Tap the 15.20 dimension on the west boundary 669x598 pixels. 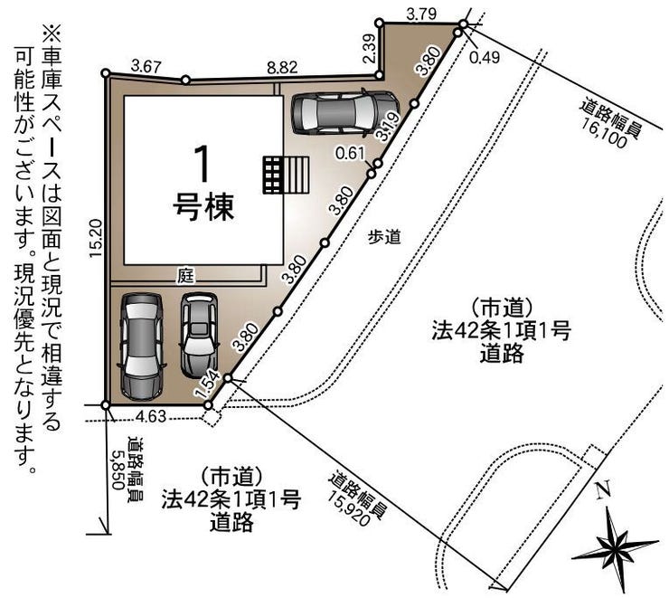[96, 238]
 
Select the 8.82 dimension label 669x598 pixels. [282, 67]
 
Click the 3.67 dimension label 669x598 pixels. [146, 66]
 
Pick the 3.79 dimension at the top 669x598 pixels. [421, 14]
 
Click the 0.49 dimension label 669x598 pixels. [485, 57]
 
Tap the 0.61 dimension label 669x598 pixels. [350, 153]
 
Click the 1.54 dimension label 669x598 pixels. [207, 385]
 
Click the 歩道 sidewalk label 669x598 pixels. [384, 236]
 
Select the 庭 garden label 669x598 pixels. [185, 276]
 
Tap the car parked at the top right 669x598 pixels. [344, 113]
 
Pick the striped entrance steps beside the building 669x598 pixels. [286, 175]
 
